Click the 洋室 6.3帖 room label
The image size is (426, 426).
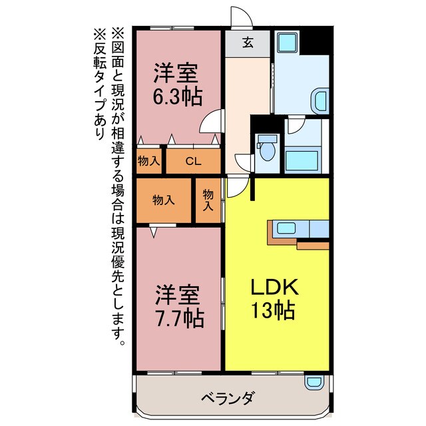(178, 84)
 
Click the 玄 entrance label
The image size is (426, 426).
(247, 43)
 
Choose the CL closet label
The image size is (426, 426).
(192, 160)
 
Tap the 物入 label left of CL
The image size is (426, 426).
(149, 160)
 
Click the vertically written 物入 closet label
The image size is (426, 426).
(208, 200)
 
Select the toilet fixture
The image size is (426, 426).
(267, 146)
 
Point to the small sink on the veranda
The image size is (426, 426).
(313, 382)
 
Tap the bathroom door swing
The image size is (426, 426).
(296, 126)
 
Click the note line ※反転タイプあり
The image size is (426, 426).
(99, 83)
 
